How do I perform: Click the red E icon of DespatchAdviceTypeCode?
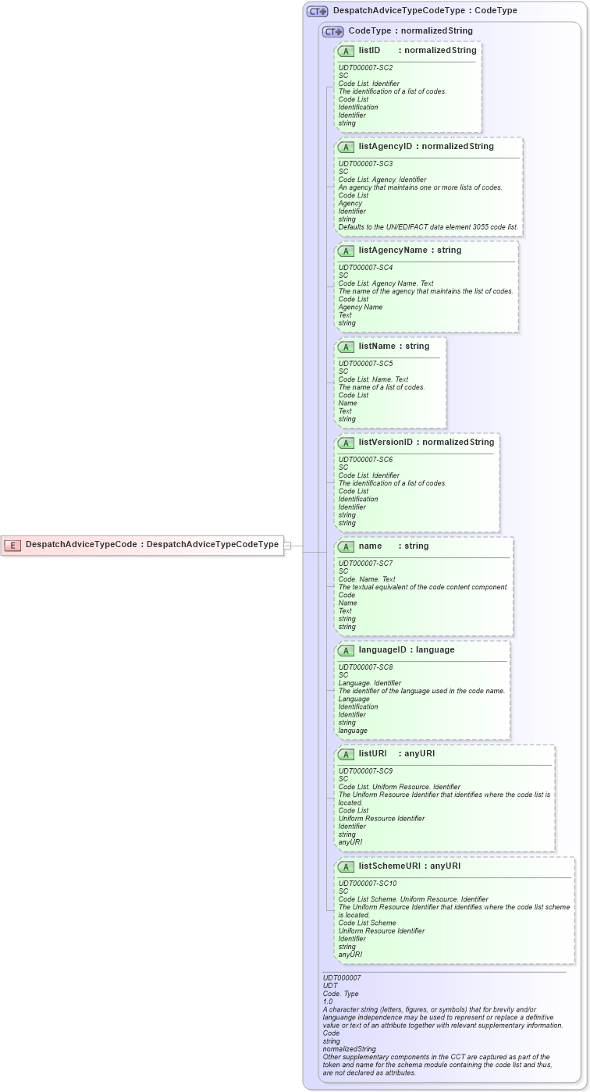12,545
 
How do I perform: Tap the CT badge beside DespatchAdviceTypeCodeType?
317,12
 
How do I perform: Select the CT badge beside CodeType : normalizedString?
332,31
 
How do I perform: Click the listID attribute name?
369,51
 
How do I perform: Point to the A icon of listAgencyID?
347,147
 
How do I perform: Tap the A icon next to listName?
347,347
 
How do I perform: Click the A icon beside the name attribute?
347,546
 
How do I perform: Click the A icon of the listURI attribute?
347,754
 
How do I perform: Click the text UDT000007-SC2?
365,68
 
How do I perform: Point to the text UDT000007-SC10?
367,884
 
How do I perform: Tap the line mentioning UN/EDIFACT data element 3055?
428,227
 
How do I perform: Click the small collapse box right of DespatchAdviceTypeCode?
287,545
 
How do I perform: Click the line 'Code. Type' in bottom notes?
340,993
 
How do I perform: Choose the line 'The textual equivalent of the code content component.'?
423,587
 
